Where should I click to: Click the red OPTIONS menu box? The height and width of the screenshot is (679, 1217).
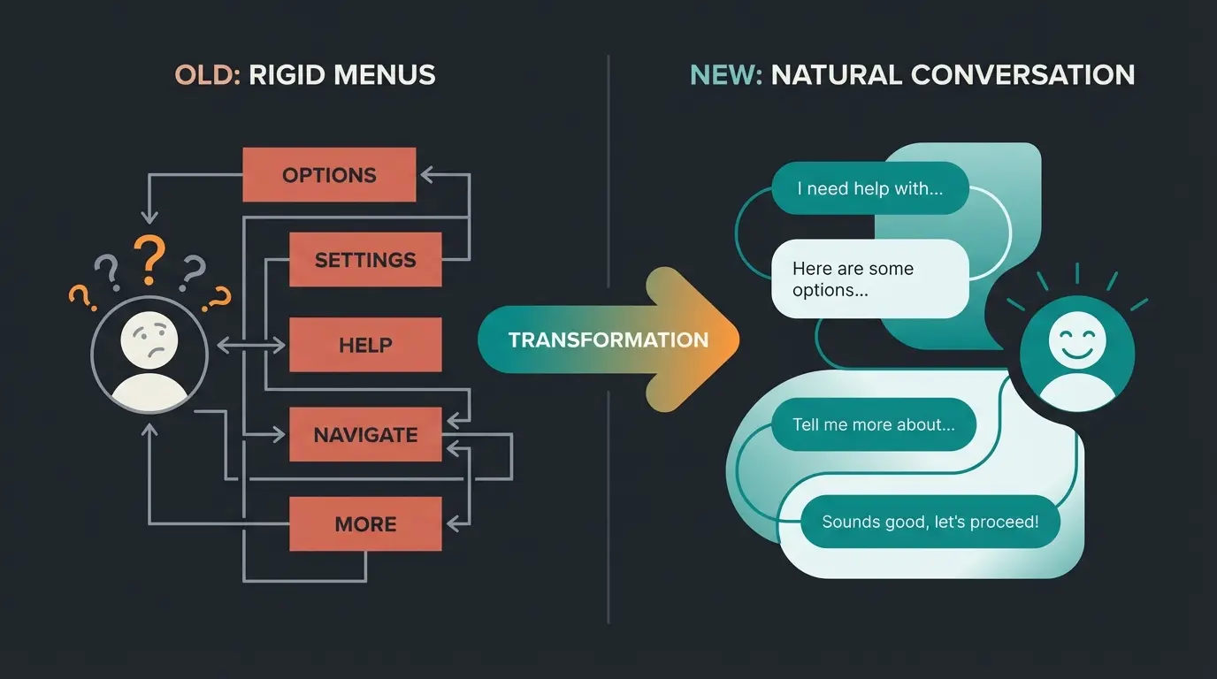click(329, 175)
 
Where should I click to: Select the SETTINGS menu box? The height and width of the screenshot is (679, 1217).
click(365, 260)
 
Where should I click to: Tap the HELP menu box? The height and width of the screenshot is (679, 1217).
click(365, 345)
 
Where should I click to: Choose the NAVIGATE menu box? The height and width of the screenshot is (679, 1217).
click(365, 435)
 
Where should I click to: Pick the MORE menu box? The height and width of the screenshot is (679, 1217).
click(365, 524)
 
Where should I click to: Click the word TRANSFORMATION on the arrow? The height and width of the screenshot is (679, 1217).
click(608, 339)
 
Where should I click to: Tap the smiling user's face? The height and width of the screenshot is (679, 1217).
click(1076, 341)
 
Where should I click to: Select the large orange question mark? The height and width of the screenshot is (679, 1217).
click(150, 256)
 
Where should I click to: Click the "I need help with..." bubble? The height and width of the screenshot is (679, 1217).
click(870, 188)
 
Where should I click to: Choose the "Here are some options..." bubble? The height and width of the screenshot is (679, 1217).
click(870, 278)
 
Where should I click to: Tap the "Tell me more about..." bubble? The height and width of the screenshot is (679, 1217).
click(874, 425)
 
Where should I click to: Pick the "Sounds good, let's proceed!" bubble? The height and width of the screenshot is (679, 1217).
click(930, 522)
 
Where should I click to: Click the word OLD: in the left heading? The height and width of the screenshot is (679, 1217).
click(208, 74)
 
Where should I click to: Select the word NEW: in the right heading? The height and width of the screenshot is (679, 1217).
click(725, 74)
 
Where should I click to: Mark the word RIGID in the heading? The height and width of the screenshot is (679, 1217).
click(281, 74)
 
